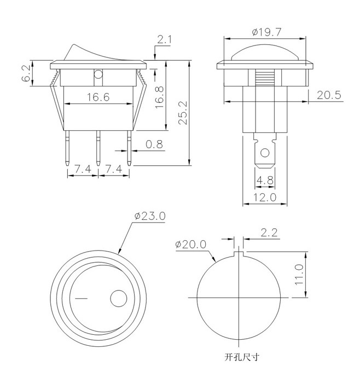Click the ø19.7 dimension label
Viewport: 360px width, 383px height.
pos(266,32)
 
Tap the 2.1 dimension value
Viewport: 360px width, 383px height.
pos(164,39)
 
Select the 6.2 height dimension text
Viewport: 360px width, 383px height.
pos(26,73)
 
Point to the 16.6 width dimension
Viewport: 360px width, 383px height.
pos(98,97)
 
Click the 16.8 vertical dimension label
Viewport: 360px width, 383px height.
pos(159,97)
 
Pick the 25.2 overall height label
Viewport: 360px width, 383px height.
pos(183,113)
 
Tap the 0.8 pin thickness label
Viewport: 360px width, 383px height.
pos(154,144)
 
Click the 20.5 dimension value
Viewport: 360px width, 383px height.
pos(329,95)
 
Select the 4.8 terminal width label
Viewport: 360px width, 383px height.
pos(265,180)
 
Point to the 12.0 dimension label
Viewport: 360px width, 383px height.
pos(265,197)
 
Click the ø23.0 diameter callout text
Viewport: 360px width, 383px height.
pos(150,216)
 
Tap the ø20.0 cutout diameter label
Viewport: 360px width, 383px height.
pos(191,244)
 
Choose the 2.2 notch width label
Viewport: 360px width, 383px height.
pos(269,233)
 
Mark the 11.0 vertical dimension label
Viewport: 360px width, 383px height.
pos(299,274)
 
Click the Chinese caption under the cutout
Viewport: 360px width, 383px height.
pos(241,357)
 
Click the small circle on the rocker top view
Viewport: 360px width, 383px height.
pos(119,299)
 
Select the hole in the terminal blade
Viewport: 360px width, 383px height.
pos(265,153)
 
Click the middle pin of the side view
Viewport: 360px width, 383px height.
pos(98,148)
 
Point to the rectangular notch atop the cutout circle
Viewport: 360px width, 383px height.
pos(239,254)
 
